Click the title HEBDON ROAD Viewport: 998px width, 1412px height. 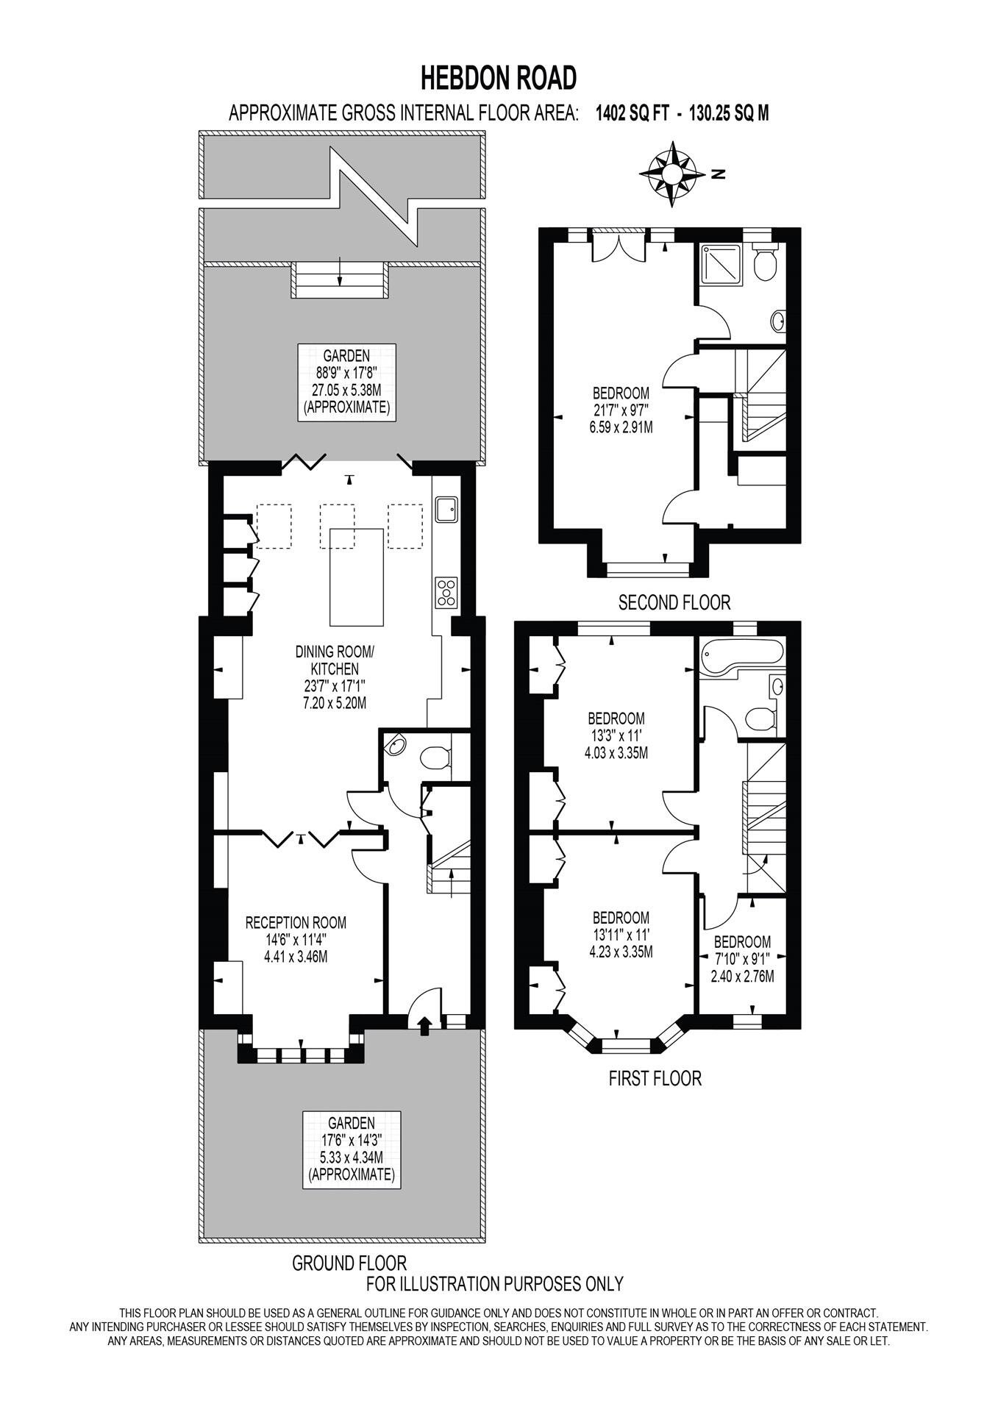click(498, 77)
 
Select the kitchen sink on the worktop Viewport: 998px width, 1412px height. click(446, 509)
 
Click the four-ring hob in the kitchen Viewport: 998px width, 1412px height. click(446, 592)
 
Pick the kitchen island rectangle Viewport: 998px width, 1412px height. click(357, 577)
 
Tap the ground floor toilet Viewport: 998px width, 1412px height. click(434, 757)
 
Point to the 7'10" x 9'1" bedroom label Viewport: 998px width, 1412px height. click(742, 959)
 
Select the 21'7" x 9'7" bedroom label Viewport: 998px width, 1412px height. click(621, 409)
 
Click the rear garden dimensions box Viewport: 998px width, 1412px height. click(346, 382)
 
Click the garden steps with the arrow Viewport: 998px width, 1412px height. click(339, 280)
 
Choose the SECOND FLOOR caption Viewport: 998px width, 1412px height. click(674, 603)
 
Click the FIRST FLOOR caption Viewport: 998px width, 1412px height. click(655, 1078)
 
